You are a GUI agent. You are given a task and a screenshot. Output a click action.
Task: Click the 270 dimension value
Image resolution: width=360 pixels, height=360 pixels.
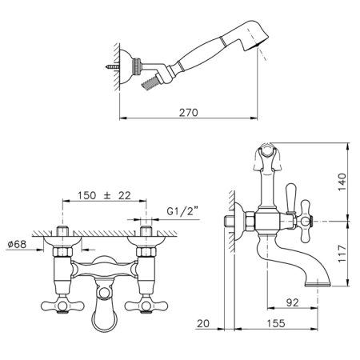[188, 113]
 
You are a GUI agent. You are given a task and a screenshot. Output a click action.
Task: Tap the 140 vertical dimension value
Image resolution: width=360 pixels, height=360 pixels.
[342, 182]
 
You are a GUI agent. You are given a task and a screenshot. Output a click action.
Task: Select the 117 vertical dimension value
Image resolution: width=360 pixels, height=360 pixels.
[342, 254]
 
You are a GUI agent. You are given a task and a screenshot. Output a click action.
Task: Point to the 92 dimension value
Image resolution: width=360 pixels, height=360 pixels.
[292, 302]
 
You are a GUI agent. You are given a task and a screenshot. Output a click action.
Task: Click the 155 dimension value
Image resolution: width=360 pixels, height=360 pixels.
[276, 323]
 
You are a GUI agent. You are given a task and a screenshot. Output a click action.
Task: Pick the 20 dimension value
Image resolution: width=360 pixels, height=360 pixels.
[203, 323]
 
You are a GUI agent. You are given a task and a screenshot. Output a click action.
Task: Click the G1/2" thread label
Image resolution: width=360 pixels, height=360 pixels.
[183, 211]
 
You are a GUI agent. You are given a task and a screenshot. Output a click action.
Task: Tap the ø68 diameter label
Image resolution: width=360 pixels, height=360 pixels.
[17, 244]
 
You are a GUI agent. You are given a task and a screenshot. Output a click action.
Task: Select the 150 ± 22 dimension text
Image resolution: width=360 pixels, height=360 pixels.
[104, 195]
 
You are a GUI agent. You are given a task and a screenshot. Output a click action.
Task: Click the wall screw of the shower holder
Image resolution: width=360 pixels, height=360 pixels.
[112, 67]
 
